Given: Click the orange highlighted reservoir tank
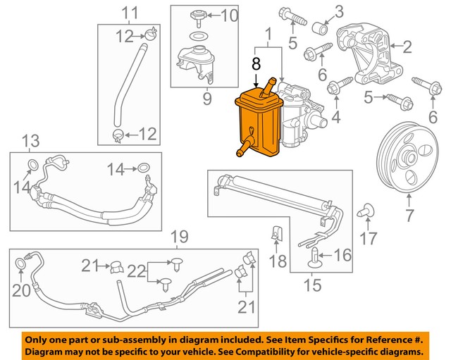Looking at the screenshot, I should coord(257,123).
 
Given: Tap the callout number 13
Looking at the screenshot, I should coord(30,141).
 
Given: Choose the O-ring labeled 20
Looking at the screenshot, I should coord(23,264).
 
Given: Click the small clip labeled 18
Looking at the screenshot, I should coord(277,232).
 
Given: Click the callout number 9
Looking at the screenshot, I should coord(206,99).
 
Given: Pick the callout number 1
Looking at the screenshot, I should coord(268,33).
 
